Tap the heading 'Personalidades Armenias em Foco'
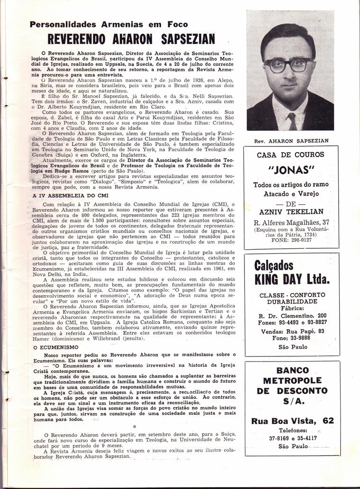(x=108, y=25)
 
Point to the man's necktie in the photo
(x=292, y=121)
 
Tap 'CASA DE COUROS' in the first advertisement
(x=291, y=155)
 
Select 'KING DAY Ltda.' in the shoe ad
(x=292, y=279)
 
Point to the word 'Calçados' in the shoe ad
(x=274, y=265)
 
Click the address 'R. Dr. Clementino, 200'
(x=292, y=316)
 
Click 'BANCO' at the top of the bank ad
(x=292, y=371)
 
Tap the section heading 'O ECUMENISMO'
(x=52, y=347)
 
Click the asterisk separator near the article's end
(x=134, y=426)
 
